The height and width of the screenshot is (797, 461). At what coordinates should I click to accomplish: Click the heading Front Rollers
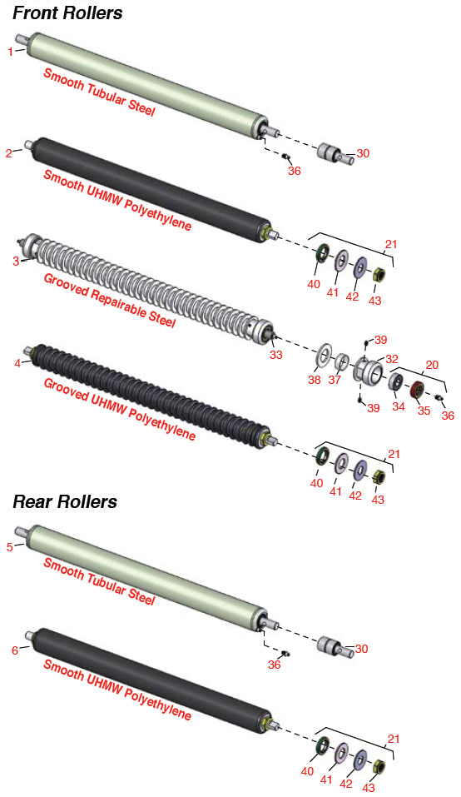point(67,12)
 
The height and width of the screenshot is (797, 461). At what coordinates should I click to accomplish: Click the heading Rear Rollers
point(64,501)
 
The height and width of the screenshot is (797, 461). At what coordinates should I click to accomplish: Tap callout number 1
point(11,52)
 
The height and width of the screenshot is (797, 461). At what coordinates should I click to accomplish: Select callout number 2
point(8,153)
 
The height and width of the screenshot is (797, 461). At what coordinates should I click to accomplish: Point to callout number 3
point(16,261)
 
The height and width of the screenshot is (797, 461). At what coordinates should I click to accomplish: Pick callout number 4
point(17,363)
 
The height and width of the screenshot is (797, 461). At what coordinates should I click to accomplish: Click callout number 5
point(10,547)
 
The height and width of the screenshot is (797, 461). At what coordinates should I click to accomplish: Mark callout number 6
point(15,650)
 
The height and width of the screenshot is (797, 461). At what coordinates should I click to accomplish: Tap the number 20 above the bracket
point(432,365)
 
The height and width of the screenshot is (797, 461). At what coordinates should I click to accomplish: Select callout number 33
point(275,354)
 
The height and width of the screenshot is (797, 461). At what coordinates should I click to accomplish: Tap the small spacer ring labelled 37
point(342,362)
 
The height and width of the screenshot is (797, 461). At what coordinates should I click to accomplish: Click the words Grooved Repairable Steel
point(110,301)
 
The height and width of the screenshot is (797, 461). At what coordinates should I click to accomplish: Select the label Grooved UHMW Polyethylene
point(119,409)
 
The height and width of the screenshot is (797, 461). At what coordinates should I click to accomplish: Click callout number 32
point(391,360)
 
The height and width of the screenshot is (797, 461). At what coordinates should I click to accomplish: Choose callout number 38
point(315,380)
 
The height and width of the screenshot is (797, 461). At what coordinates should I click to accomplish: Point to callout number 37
point(334,380)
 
